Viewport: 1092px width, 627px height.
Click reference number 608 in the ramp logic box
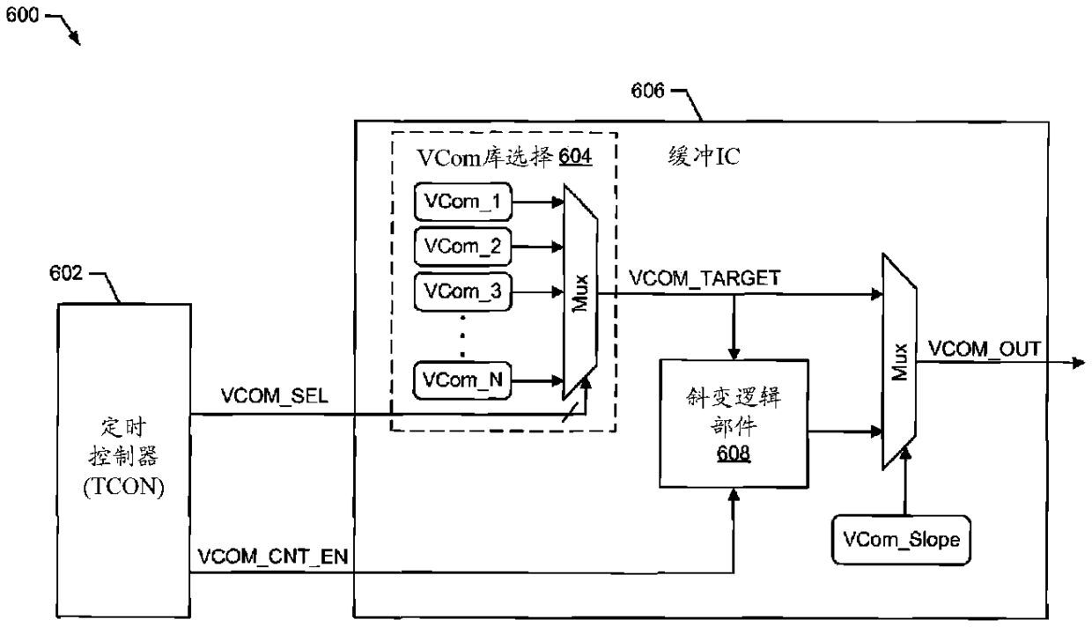734,457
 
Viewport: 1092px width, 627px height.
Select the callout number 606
648,91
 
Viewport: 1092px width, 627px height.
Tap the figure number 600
20,18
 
